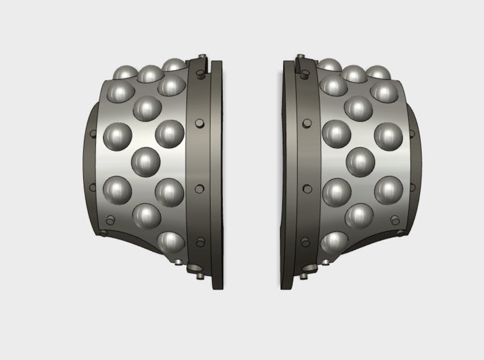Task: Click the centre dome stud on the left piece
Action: pyautogui.click(x=146, y=162)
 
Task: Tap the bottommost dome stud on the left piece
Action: pyautogui.click(x=170, y=242)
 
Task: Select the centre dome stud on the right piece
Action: pyautogui.click(x=361, y=162)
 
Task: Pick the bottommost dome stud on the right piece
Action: pyautogui.click(x=336, y=242)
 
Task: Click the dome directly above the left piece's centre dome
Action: pyautogui.click(x=147, y=107)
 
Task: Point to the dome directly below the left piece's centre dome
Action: pyautogui.click(x=147, y=216)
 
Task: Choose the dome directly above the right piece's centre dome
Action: pyautogui.click(x=360, y=107)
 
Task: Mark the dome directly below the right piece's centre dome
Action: pyautogui.click(x=360, y=216)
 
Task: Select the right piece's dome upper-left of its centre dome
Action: pyautogui.click(x=336, y=133)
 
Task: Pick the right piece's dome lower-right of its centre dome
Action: pyautogui.click(x=389, y=190)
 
